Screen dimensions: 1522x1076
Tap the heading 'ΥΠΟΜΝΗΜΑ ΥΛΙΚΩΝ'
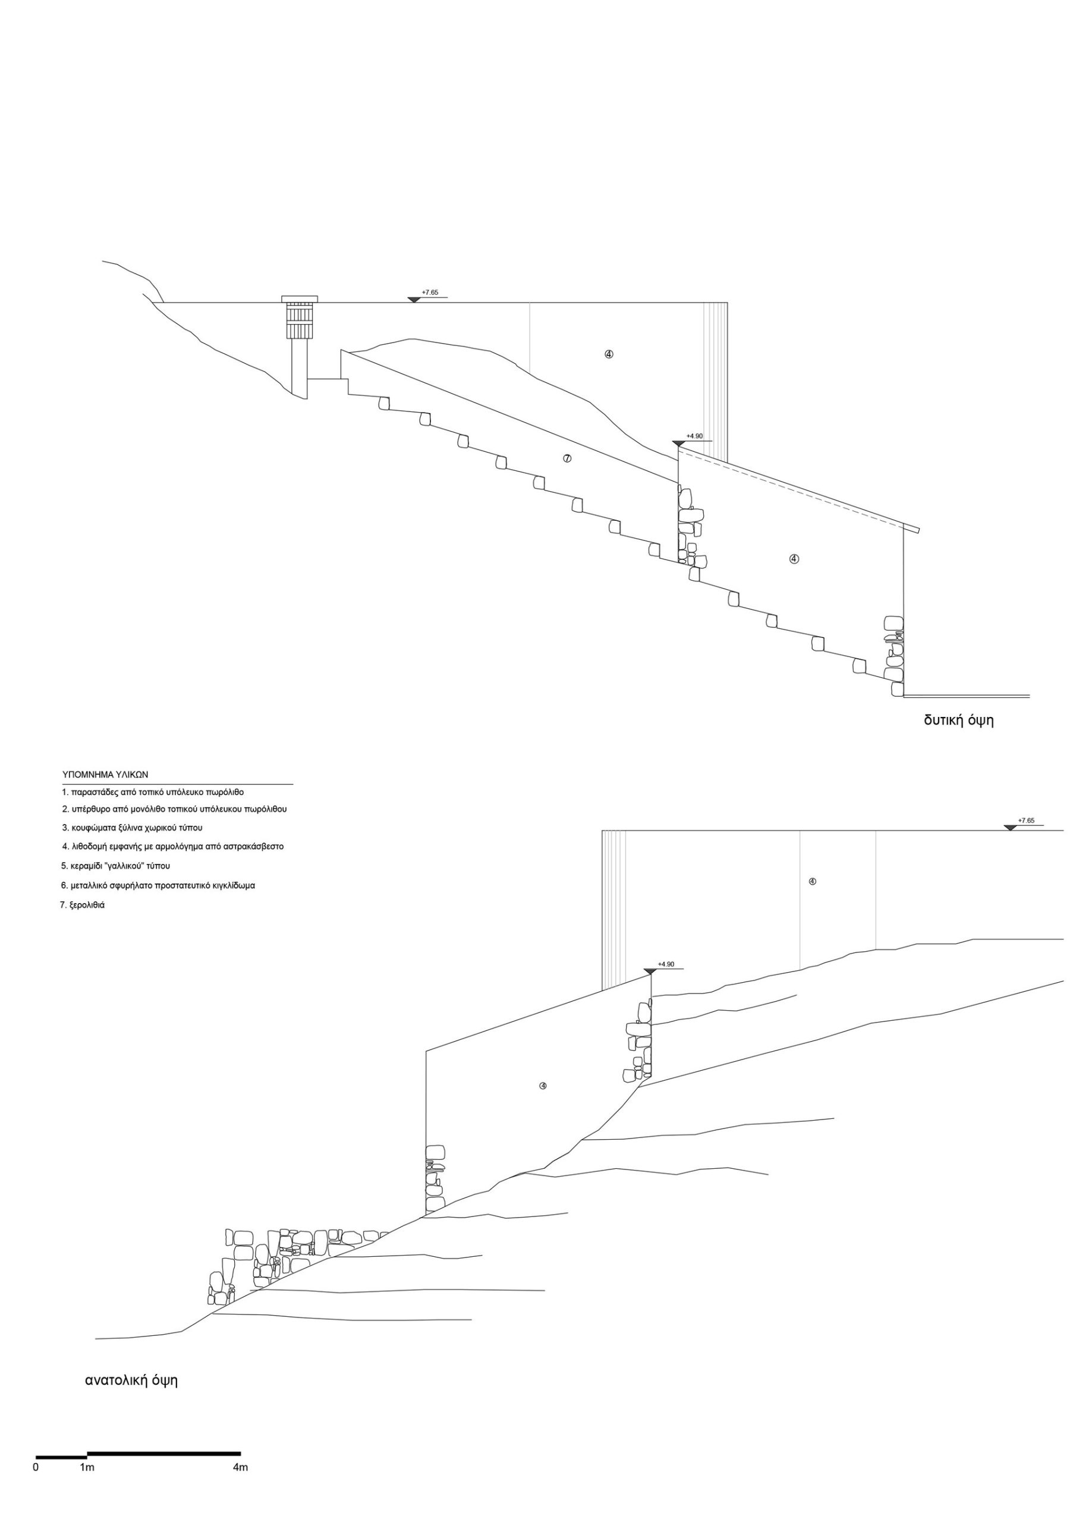pos(105,774)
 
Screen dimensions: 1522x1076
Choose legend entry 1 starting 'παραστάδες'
pos(153,792)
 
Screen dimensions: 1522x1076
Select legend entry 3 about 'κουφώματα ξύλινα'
pos(132,828)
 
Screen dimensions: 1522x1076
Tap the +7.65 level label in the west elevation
pos(430,293)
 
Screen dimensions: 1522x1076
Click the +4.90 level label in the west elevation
pos(694,436)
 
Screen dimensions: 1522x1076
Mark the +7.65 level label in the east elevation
pos(1025,820)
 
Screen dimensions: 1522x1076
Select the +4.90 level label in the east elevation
pos(666,964)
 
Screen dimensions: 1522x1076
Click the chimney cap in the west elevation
pos(299,299)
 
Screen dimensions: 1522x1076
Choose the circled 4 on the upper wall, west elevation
pos(609,354)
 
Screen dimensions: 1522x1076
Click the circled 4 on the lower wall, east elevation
pos(542,1086)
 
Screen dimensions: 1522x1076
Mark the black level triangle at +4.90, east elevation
pos(650,971)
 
